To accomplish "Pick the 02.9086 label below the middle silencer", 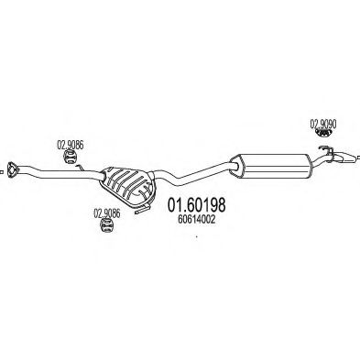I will click(x=106, y=213).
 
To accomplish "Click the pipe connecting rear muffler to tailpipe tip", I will click(x=321, y=161).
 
